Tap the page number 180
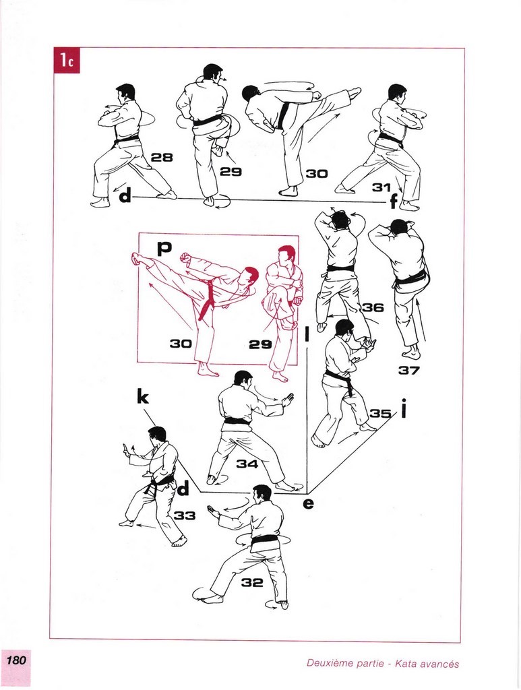[16, 660]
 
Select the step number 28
[162, 157]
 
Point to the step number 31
[381, 187]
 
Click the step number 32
[252, 583]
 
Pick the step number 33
[185, 515]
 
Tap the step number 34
[247, 464]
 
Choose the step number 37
[409, 370]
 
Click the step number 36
[373, 307]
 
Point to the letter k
[143, 397]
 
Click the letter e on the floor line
[309, 503]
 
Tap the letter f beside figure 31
[394, 202]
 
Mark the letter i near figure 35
[404, 408]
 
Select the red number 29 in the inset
[260, 344]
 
